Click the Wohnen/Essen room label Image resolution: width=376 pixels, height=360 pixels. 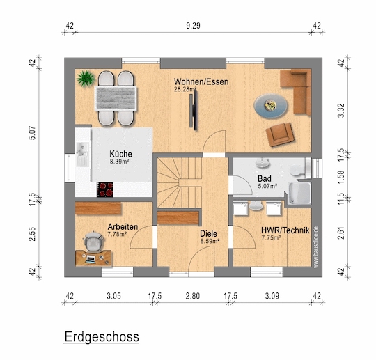(x=201, y=81)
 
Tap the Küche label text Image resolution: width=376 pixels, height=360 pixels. (x=120, y=154)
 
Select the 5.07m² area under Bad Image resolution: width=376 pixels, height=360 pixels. (x=267, y=186)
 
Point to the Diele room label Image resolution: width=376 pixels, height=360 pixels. (x=209, y=233)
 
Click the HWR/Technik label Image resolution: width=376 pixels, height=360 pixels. (x=285, y=230)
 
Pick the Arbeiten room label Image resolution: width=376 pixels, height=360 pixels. (x=123, y=226)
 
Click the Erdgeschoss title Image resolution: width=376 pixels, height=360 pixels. (x=102, y=337)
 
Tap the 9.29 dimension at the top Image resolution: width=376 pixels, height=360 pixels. (x=194, y=26)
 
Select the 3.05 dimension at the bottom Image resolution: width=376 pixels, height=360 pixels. (x=113, y=296)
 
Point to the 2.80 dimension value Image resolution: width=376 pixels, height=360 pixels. (x=193, y=296)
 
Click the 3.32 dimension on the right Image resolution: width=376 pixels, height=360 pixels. (x=340, y=111)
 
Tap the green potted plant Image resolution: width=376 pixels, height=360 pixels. (x=85, y=78)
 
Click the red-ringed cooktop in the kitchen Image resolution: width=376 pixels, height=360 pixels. (x=105, y=189)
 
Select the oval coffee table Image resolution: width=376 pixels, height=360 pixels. (x=271, y=106)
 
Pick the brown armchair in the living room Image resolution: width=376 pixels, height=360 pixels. (x=280, y=134)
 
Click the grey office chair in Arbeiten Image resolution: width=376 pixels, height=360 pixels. (x=93, y=242)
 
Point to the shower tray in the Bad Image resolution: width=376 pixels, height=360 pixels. (x=300, y=194)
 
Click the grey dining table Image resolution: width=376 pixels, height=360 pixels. (x=116, y=98)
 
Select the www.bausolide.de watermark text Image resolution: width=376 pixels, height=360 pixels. (x=316, y=246)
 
